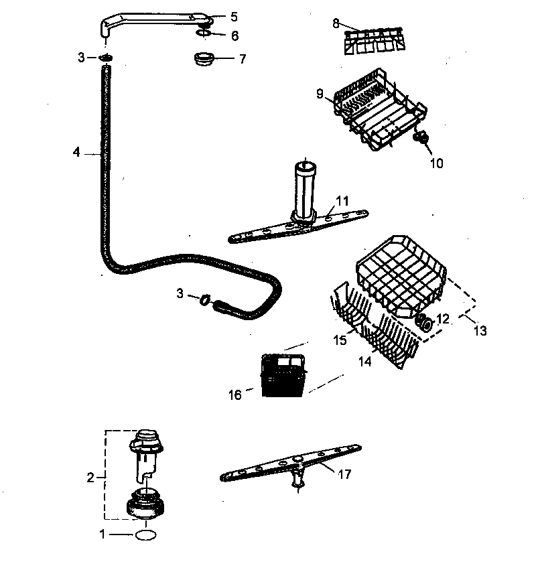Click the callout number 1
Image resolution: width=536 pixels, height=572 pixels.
tap(103, 534)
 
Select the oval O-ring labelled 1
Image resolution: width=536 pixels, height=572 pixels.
tap(145, 535)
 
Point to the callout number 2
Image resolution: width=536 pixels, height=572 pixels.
tap(91, 478)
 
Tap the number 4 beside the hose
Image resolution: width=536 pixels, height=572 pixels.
tap(76, 153)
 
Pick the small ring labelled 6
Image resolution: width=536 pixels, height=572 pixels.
tap(204, 33)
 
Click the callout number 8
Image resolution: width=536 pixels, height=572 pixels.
tap(336, 23)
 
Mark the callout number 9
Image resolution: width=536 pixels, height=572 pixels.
tap(320, 94)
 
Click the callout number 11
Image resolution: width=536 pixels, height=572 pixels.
tap(342, 200)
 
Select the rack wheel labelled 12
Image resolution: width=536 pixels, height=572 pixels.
tap(423, 324)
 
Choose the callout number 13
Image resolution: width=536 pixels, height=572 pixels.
tap(480, 330)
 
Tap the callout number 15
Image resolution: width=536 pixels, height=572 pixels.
tap(340, 340)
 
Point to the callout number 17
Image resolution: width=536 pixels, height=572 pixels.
tap(344, 474)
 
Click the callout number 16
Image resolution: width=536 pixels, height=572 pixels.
tap(234, 395)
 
